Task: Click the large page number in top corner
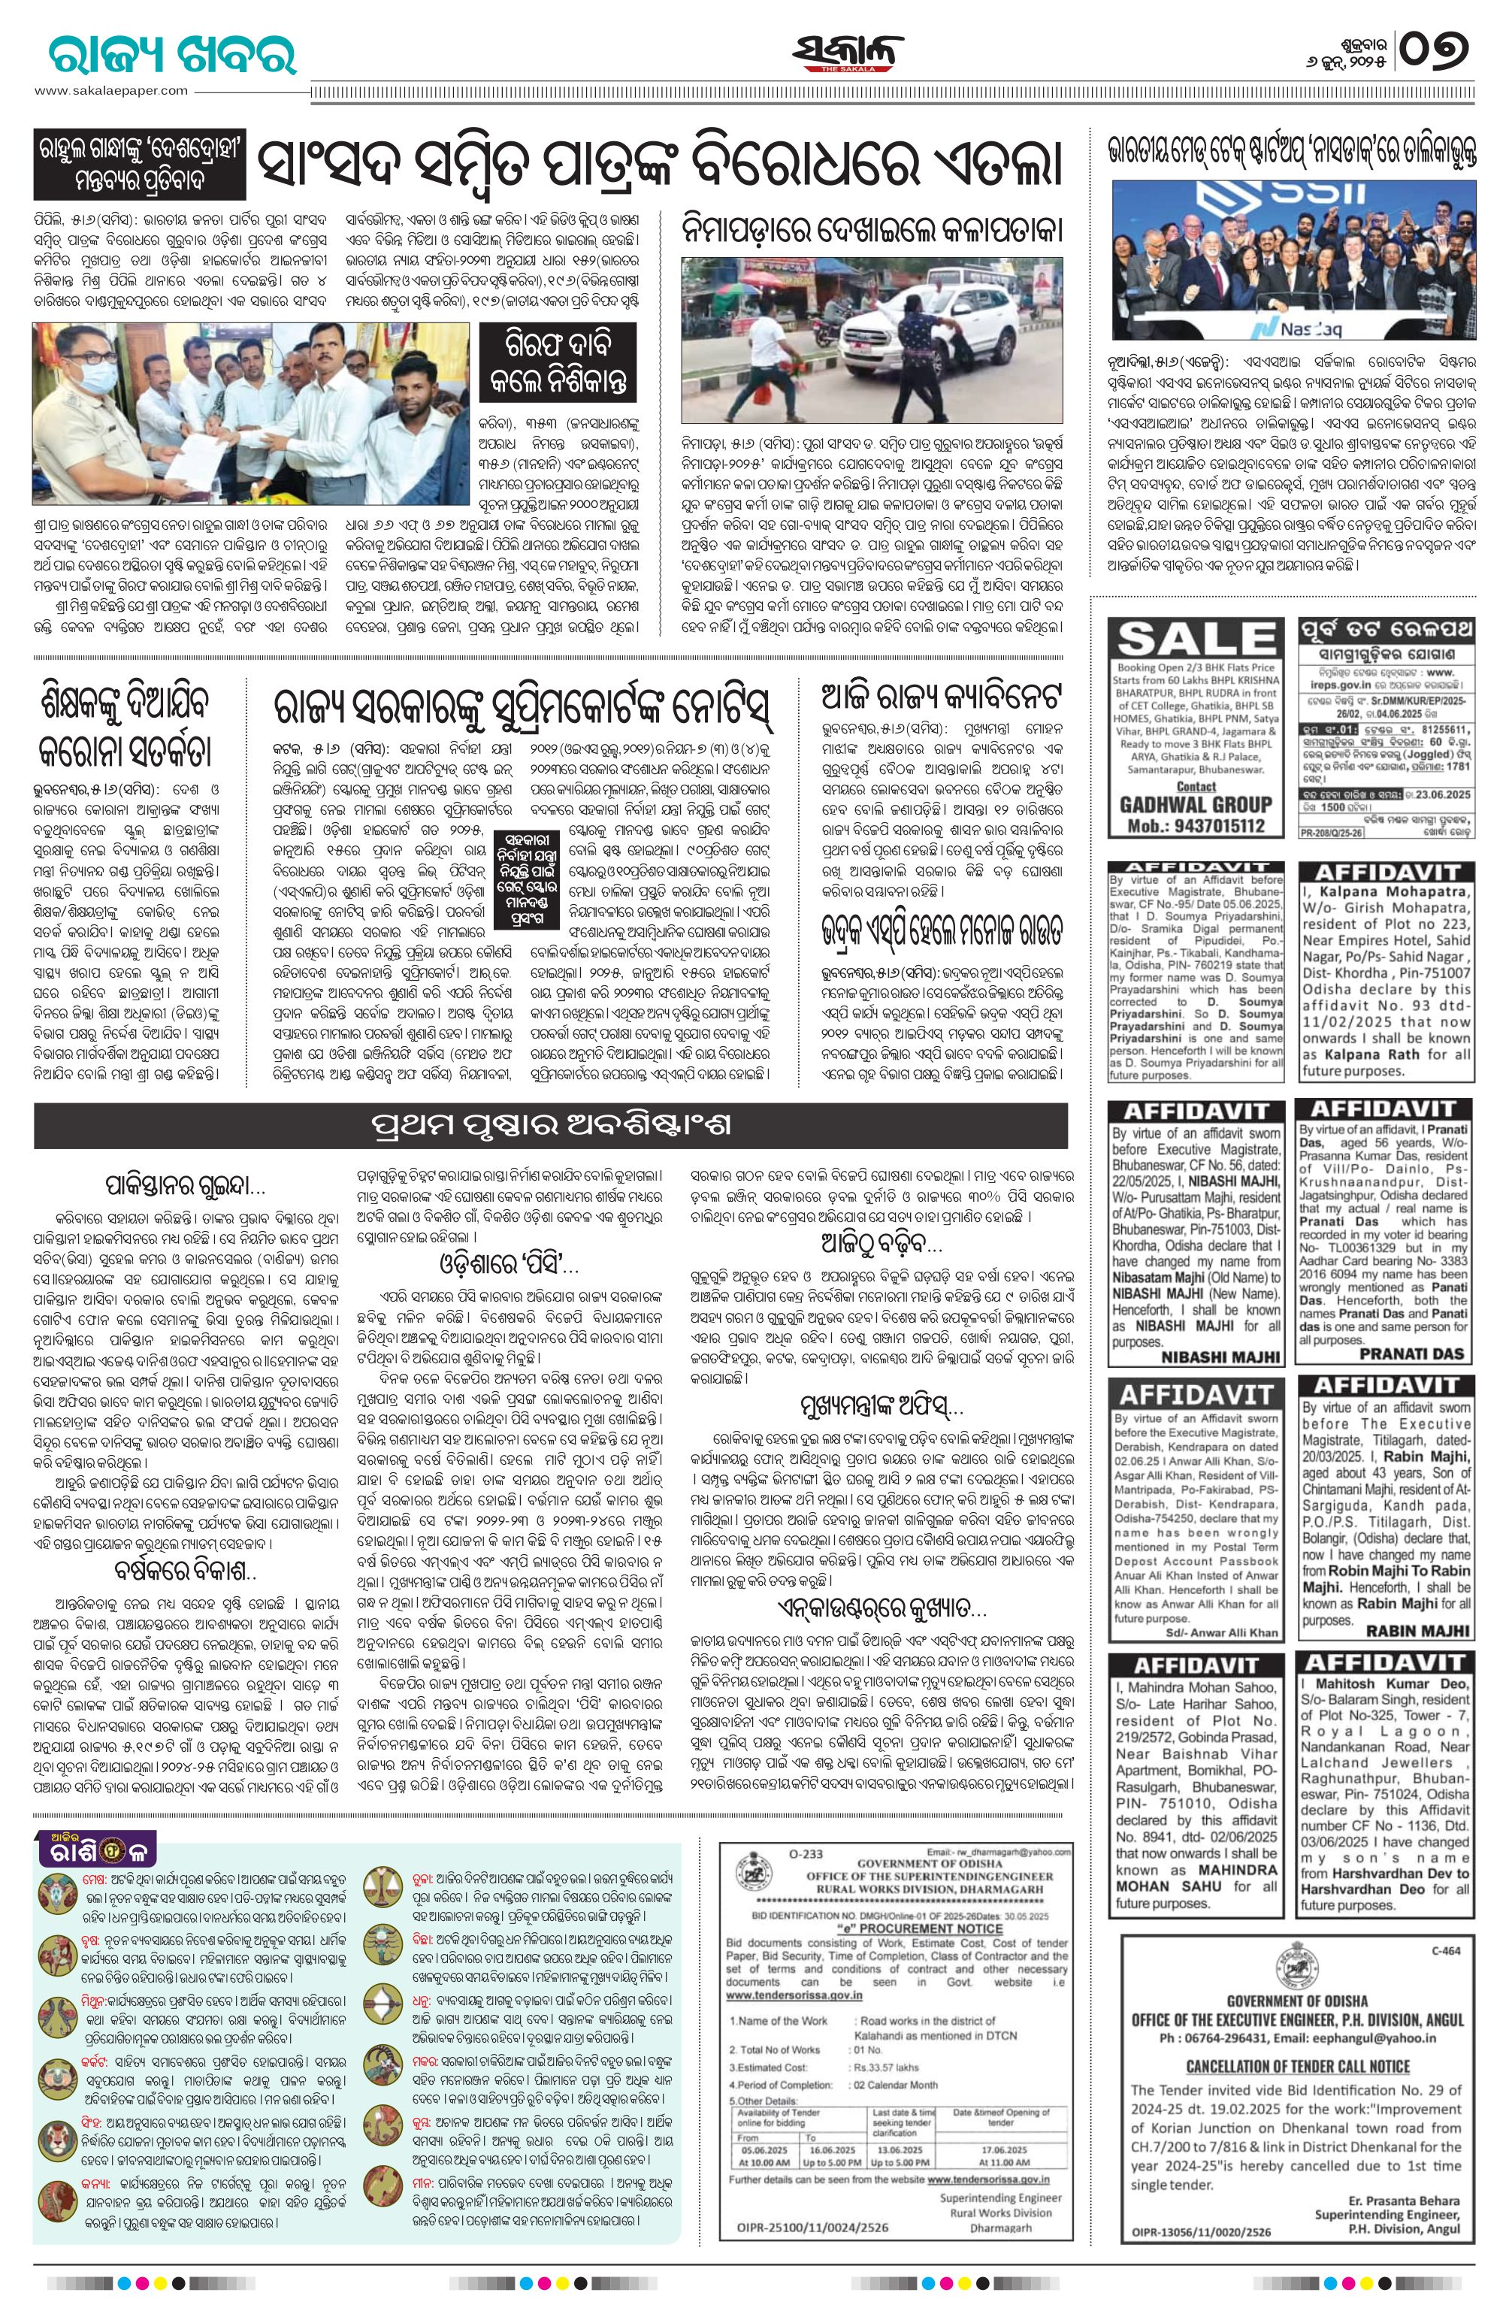[x=1436, y=47]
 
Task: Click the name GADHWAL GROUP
[x=1196, y=804]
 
